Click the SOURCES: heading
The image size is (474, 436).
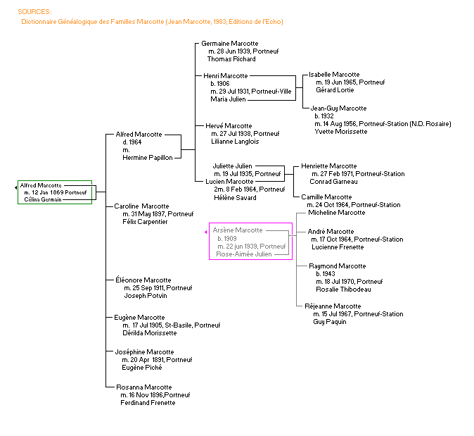34,11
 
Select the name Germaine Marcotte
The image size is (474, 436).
230,44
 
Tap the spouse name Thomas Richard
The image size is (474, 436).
231,59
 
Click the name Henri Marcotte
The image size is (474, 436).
225,75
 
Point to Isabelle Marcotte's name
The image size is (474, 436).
334,75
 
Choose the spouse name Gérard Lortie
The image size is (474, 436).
335,90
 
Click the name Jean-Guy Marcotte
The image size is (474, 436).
338,108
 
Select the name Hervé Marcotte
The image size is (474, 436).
227,126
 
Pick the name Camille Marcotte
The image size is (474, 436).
326,197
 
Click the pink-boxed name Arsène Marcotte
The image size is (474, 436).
238,230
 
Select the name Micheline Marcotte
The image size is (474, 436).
336,213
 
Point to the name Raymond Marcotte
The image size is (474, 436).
338,266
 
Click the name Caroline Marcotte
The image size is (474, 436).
141,206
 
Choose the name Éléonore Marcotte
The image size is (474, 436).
143,280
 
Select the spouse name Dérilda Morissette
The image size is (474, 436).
148,333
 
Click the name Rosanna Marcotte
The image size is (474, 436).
143,387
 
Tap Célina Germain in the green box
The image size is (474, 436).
41,199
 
